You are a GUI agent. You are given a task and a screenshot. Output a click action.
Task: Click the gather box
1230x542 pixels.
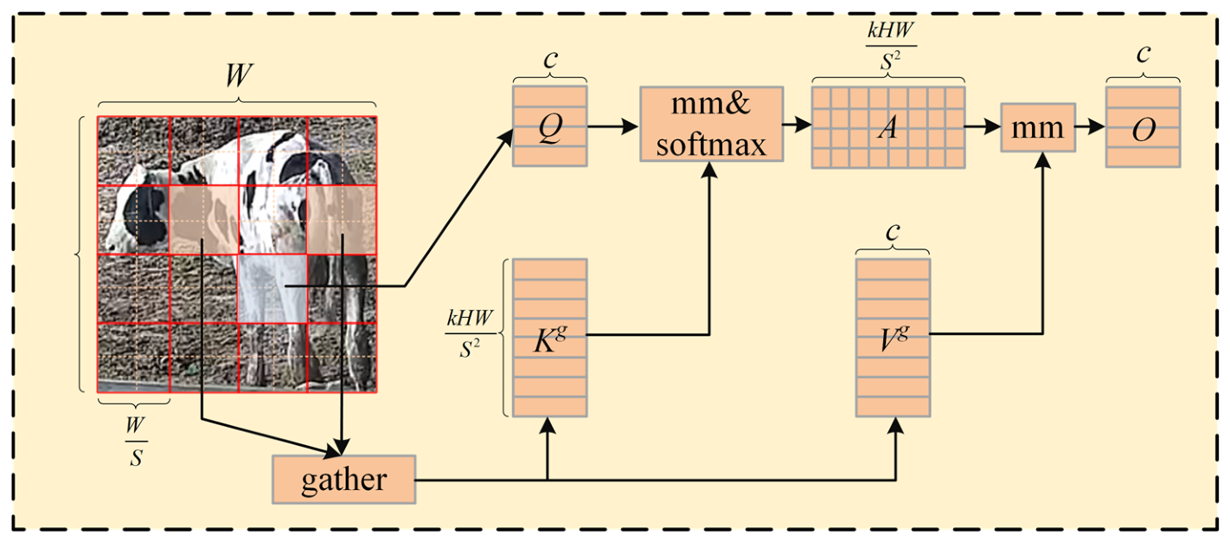(343, 480)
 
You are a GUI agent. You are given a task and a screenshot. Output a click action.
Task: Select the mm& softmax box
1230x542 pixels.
(712, 124)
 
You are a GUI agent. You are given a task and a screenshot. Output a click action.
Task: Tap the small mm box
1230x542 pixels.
(1038, 127)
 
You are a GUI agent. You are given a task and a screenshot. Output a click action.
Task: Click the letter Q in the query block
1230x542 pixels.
(550, 129)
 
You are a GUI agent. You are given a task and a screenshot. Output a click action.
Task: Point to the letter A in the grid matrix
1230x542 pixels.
(888, 127)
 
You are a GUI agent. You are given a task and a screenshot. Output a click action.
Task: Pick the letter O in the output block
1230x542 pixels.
(1144, 130)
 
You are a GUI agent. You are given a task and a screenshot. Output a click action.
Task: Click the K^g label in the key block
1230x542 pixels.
(549, 339)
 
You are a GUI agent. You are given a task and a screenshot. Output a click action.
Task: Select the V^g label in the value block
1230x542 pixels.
(894, 338)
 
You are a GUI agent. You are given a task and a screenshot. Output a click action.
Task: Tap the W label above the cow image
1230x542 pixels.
(239, 75)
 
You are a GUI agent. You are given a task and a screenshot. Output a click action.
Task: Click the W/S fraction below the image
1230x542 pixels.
(136, 441)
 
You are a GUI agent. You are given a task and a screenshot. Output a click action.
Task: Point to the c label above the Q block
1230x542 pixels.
(550, 59)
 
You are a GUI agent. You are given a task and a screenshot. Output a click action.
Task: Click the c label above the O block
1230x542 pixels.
(1144, 54)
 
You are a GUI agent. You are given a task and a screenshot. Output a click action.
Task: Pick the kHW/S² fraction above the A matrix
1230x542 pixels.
(891, 46)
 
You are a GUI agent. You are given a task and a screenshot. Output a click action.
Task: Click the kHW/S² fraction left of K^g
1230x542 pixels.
(470, 333)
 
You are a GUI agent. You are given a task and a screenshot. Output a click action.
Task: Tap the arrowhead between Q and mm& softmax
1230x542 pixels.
(630, 127)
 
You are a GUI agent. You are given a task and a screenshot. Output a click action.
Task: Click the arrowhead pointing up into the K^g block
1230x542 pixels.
(548, 426)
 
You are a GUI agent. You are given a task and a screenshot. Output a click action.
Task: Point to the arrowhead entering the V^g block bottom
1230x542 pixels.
(895, 426)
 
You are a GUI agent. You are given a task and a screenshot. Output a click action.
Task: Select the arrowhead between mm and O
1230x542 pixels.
(1096, 127)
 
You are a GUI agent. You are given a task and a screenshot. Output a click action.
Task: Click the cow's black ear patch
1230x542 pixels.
(144, 216)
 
